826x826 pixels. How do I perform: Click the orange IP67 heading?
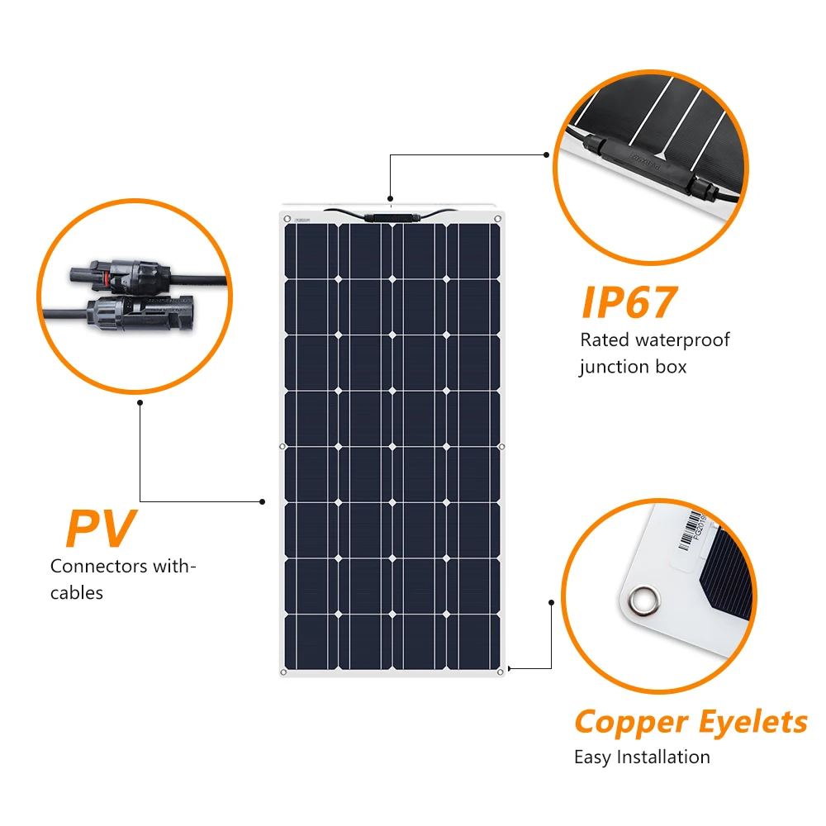629,303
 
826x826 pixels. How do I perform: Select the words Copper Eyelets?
691,721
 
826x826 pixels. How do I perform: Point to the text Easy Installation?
642,757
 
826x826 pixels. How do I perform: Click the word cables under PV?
77,592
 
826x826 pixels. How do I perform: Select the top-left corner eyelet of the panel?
287,219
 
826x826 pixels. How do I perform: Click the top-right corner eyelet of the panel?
499,219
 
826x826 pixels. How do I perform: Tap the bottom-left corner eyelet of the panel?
283,672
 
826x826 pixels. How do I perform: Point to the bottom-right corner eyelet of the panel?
501,672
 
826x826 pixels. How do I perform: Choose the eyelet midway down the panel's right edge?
502,447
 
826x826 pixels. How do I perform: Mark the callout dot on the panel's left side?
263,501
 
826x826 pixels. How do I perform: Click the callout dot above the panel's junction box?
392,198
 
